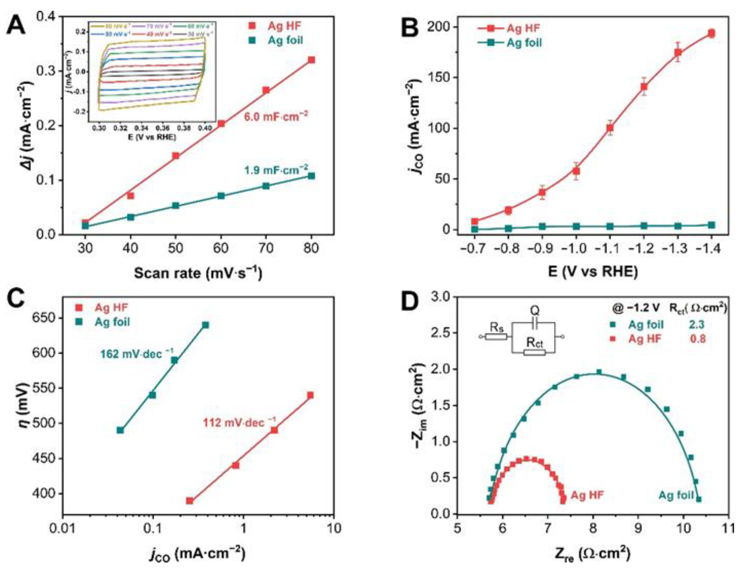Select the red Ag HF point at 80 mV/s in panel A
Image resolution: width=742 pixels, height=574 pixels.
[311, 60]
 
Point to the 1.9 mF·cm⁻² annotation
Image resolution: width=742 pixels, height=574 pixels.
[276, 170]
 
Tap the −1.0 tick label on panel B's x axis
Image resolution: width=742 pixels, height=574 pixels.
[576, 249]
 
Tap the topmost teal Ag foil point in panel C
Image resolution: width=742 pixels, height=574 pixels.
[206, 325]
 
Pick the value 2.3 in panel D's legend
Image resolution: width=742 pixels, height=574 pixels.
[697, 325]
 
